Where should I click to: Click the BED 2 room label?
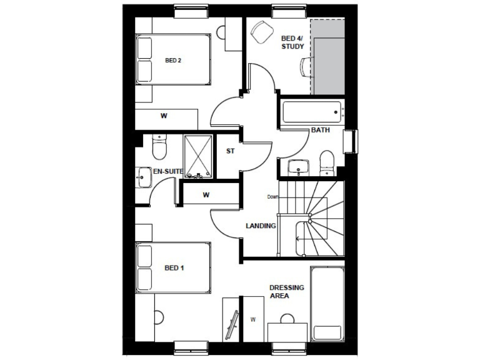(x=173, y=61)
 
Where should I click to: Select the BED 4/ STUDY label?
(x=292, y=42)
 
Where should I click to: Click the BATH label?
(x=321, y=130)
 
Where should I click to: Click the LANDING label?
(x=261, y=226)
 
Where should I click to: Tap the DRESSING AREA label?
(x=287, y=292)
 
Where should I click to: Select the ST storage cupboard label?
(x=230, y=151)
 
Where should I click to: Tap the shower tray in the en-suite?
(x=199, y=156)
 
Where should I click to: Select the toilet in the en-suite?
(x=159, y=149)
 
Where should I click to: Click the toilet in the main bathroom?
(x=326, y=162)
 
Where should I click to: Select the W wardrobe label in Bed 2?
(x=164, y=116)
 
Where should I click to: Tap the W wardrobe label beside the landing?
(x=206, y=195)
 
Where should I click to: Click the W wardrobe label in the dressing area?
(x=254, y=320)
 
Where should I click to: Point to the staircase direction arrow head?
(x=297, y=239)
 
